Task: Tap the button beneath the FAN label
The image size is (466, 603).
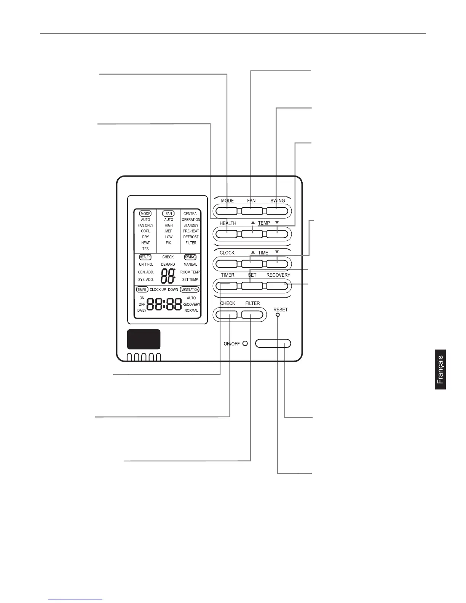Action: point(252,211)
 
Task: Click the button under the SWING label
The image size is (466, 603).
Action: point(277,211)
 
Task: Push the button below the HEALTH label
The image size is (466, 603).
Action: point(227,233)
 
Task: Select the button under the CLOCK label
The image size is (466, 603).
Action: point(227,263)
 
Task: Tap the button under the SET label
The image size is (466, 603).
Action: point(252,286)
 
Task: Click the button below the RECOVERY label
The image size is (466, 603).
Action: point(277,286)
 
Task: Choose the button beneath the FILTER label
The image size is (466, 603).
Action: point(252,315)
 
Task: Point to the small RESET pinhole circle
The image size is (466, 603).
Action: point(278,315)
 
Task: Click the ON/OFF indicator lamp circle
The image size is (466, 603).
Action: point(245,343)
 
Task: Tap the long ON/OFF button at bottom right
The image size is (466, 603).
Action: point(273,343)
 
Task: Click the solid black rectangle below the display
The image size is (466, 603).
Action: point(144,339)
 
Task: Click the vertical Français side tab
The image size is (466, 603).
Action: point(440,369)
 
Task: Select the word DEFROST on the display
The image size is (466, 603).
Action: point(191,237)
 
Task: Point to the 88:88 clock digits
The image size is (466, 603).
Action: point(164,304)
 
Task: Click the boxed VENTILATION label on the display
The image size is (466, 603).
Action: point(190,290)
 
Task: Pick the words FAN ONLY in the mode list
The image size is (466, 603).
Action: point(145,225)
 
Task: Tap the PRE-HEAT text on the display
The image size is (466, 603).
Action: point(191,231)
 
